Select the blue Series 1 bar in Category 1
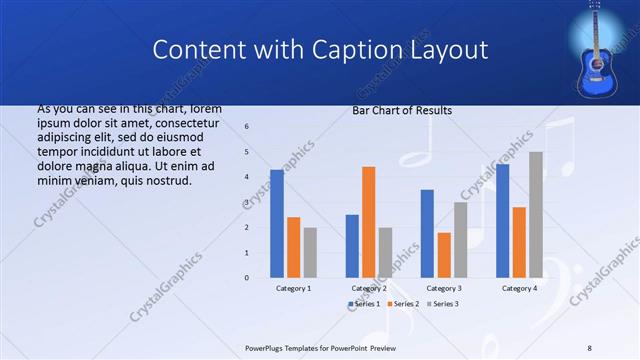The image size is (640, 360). point(276,223)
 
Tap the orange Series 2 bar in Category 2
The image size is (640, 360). point(368,221)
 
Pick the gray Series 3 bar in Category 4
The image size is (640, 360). point(536,214)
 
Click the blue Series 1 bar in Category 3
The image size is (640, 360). point(427,233)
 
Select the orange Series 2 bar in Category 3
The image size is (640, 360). point(444,254)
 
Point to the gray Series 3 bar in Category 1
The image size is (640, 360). point(310,252)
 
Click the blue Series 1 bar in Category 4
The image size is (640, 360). point(502,220)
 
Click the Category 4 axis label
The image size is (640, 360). point(518,288)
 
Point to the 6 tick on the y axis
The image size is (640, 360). point(247,127)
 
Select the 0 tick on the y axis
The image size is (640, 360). point(247,277)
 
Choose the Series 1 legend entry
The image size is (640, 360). point(364,303)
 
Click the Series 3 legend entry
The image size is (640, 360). point(442,303)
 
